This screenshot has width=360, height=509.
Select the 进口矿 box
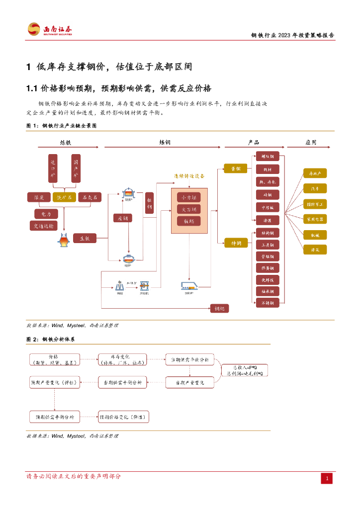(53, 169)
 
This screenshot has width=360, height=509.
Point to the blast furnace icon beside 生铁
(63, 241)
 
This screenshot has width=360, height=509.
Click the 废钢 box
(122, 218)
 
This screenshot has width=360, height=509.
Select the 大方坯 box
(189, 209)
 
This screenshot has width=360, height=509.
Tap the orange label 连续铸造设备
(189, 176)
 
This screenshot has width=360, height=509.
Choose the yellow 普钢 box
(235, 169)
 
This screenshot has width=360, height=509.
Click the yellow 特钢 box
(235, 243)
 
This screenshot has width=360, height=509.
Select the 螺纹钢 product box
(267, 157)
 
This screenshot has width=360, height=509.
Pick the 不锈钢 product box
(267, 303)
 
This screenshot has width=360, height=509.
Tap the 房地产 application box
(315, 173)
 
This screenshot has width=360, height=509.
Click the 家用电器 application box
(315, 219)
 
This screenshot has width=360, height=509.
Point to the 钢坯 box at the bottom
(219, 308)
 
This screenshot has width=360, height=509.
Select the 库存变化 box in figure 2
(122, 359)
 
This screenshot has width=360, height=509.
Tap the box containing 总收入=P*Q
(245, 370)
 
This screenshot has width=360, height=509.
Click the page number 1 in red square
(327, 479)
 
